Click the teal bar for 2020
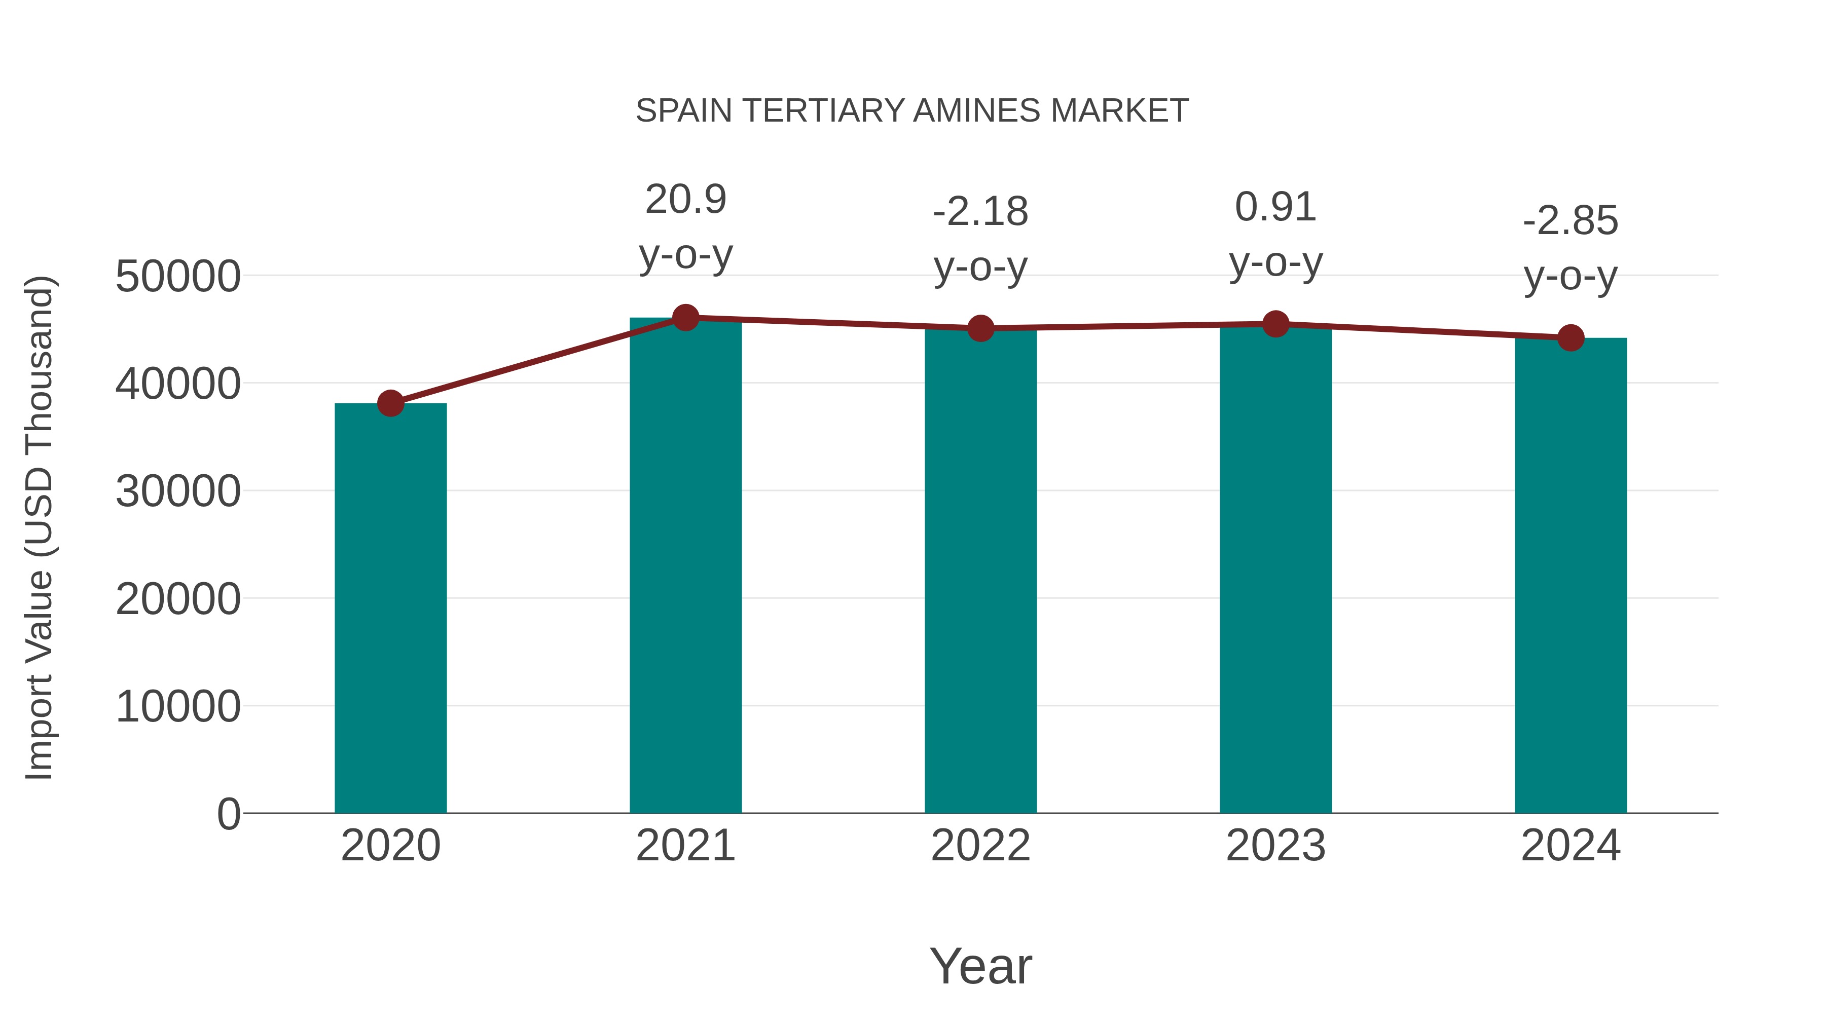click(390, 609)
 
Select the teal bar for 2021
click(685, 566)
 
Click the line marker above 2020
click(390, 404)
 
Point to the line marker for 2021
click(685, 318)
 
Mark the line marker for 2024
click(1571, 338)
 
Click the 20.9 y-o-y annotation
click(685, 226)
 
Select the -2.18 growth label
click(980, 239)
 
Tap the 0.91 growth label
click(1275, 235)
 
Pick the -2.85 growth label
click(1571, 248)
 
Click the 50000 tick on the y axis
click(178, 276)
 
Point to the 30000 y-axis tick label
click(178, 491)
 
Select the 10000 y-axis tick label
click(178, 707)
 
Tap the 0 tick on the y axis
click(228, 814)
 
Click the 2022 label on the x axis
click(980, 846)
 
